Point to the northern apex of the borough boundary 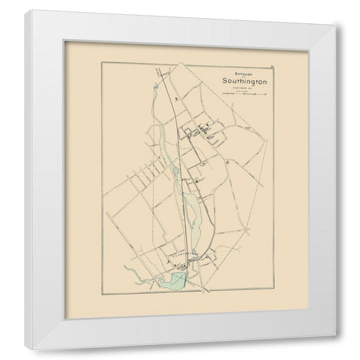(158, 73)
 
